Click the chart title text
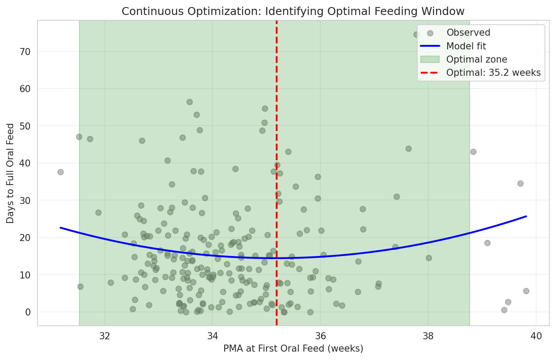293,11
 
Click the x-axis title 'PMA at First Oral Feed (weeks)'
293,349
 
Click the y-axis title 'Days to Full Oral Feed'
11,173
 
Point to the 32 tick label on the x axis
105,335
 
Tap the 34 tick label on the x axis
212,335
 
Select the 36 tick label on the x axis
320,335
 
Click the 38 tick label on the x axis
428,335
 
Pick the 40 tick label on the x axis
536,335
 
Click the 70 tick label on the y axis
25,52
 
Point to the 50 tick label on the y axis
25,126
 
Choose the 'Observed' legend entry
468,33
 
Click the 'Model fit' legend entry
466,46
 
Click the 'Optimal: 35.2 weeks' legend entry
493,73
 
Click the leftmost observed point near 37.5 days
60,172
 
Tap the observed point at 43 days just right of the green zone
473,152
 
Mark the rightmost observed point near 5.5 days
526,291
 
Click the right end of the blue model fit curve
526,216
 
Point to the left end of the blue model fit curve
60,228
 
